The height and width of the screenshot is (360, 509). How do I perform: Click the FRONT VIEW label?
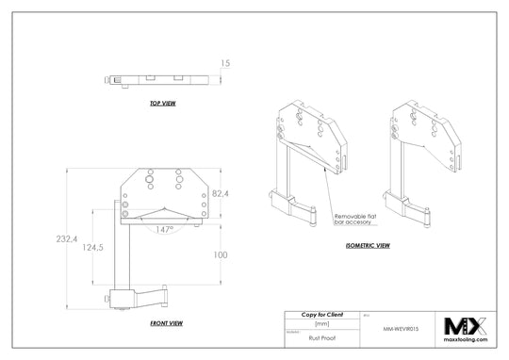point(166,322)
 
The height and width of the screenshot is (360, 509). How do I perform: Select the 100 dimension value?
point(220,254)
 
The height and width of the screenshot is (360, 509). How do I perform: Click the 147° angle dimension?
point(164,229)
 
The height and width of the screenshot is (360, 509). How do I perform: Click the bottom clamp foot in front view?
point(141,298)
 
